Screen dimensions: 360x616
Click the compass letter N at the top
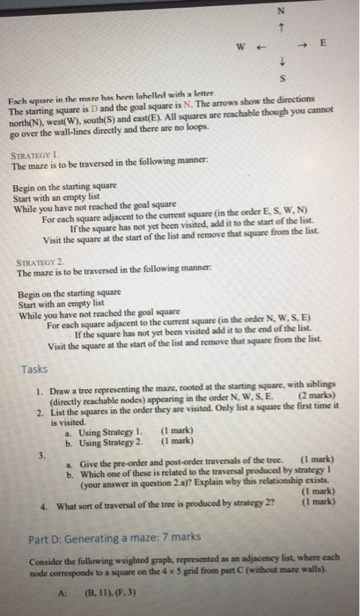pyautogui.click(x=280, y=11)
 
